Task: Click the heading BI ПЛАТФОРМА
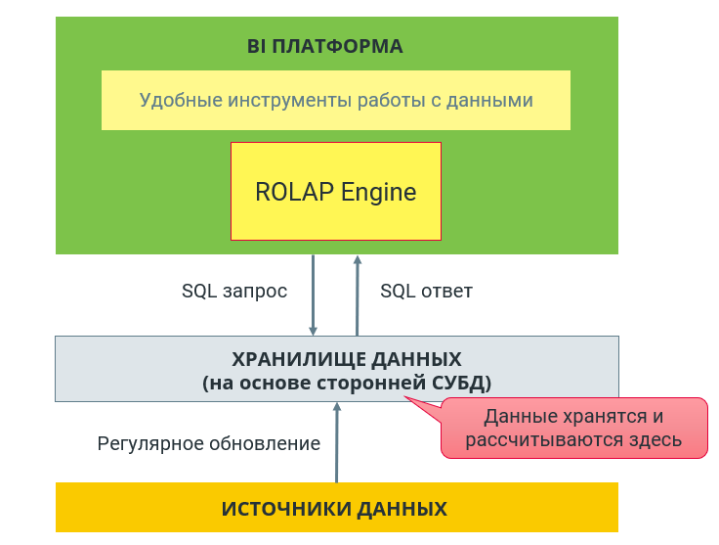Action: point(324,46)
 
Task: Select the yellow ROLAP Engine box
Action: point(336,191)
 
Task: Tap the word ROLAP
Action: point(294,192)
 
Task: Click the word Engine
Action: point(378,193)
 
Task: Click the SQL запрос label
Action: point(234,292)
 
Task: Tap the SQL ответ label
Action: point(426,292)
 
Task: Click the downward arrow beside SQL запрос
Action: point(314,295)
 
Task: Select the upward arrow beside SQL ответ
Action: point(358,295)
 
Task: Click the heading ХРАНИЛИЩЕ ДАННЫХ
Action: point(347,359)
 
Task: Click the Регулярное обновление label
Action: point(209,443)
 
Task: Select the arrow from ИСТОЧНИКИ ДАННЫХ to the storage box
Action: point(337,442)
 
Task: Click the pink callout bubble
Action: point(573,428)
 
